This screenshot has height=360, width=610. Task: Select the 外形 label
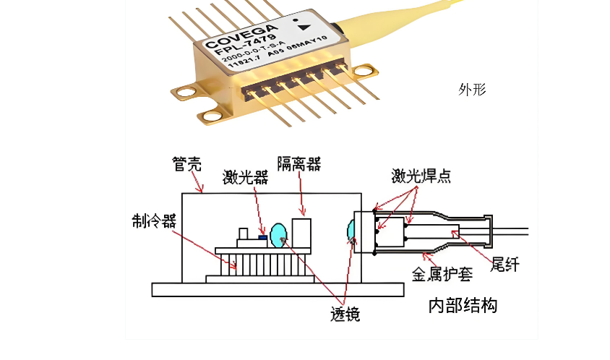(x=472, y=90)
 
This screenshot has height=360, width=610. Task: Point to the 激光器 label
(x=245, y=177)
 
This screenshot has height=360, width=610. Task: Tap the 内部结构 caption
(x=463, y=306)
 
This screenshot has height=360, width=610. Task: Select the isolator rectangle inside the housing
(x=301, y=232)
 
